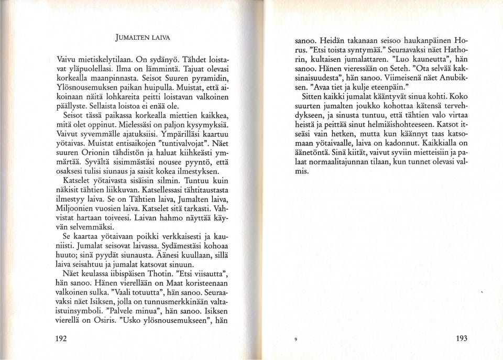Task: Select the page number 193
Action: coord(461,338)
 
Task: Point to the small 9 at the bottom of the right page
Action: coord(296,340)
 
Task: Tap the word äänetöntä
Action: coord(314,152)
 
